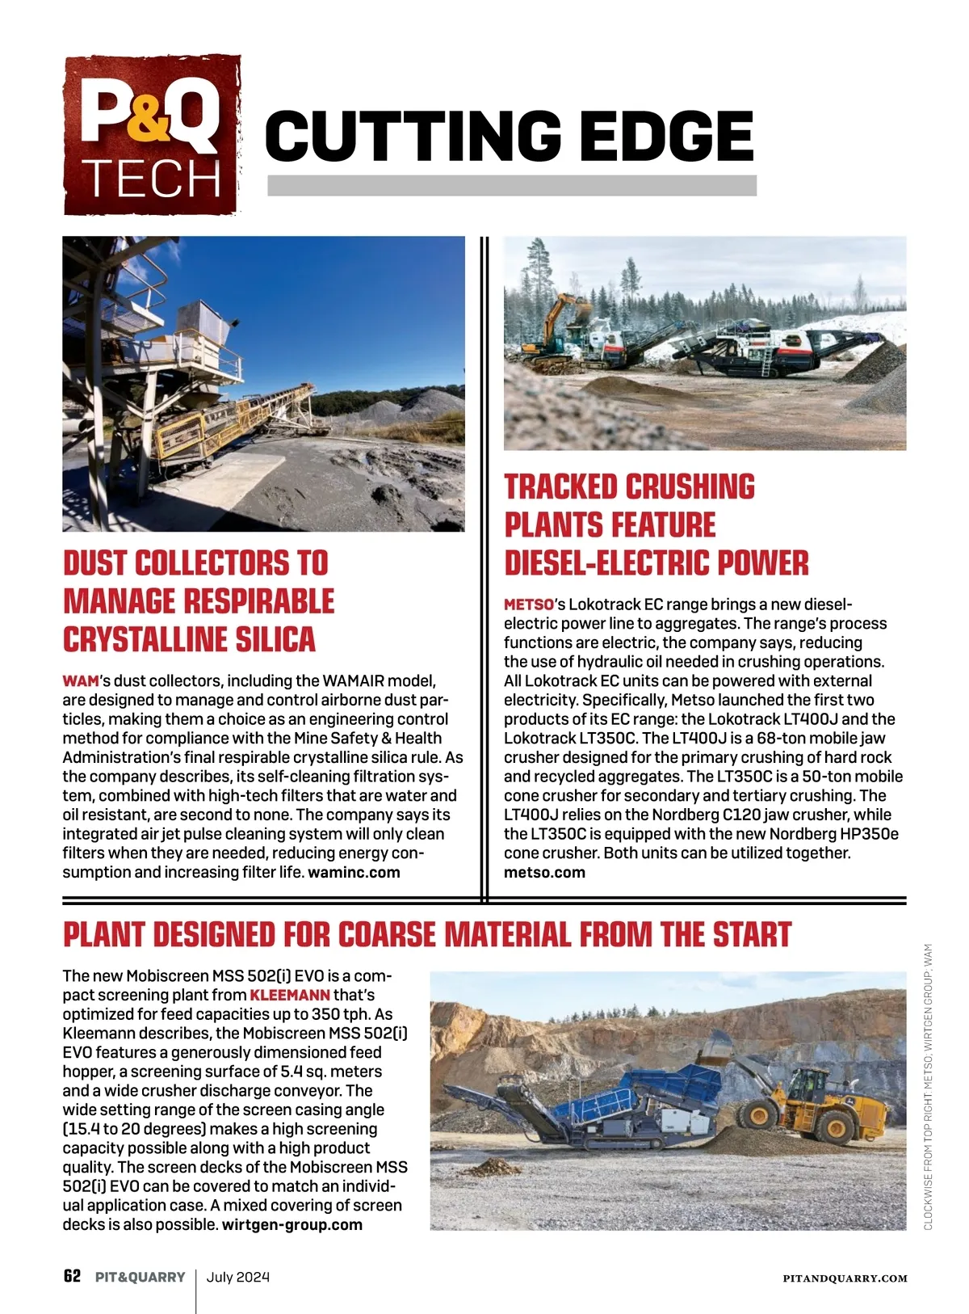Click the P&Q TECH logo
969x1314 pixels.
(152, 136)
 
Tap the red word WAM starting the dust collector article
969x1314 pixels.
(80, 681)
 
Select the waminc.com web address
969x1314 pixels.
(354, 873)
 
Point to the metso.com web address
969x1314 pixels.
(544, 873)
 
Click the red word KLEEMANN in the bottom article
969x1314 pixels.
(290, 995)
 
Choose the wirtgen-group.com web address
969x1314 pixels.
(292, 1224)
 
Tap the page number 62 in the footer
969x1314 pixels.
(72, 1277)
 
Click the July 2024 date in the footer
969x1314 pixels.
(238, 1278)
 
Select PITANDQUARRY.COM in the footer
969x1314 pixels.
(845, 1278)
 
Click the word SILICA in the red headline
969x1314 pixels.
(275, 639)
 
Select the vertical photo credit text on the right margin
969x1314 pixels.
(928, 1087)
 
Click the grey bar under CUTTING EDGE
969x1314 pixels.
(511, 186)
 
